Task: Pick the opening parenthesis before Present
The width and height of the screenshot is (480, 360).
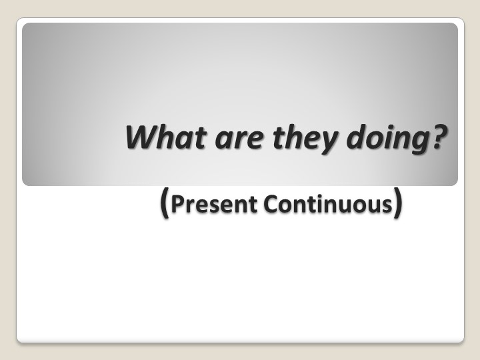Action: click(165, 202)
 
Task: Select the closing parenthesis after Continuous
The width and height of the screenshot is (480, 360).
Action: click(397, 202)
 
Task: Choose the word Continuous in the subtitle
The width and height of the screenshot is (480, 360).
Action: click(327, 204)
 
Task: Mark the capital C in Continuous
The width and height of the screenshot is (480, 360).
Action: click(269, 204)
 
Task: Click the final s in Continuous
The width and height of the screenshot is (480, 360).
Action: click(387, 205)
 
